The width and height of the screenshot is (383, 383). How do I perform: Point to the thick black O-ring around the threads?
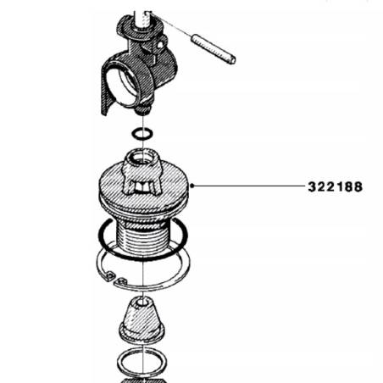pyautogui.click(x=104, y=234)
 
